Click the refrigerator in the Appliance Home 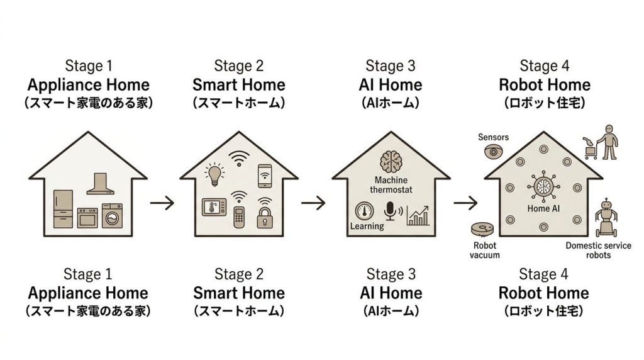click(64, 208)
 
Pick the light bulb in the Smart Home click(214, 174)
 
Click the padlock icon click(264, 218)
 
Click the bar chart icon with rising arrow click(418, 215)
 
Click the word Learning click(366, 225)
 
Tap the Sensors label click(493, 137)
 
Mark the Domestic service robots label click(598, 250)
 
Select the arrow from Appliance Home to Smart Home click(162, 203)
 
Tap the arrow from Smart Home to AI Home click(313, 203)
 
